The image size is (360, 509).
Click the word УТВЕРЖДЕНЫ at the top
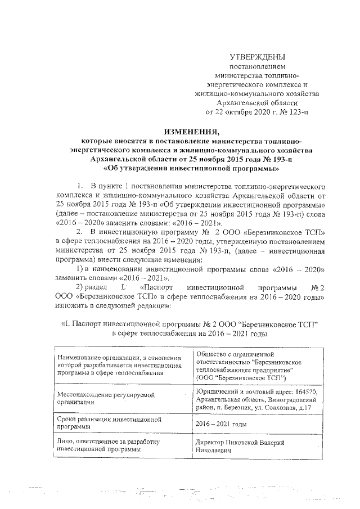point(258,57)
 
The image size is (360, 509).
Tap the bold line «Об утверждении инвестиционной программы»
point(191,168)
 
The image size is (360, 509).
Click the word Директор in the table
point(209,443)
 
